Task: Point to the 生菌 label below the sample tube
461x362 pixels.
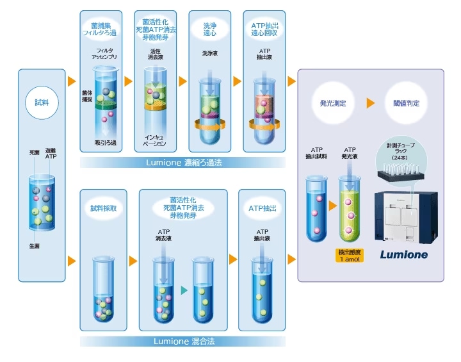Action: (35, 246)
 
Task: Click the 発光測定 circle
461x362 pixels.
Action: (334, 103)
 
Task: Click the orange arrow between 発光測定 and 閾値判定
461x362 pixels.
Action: (370, 103)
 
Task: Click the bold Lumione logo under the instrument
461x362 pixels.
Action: (403, 254)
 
